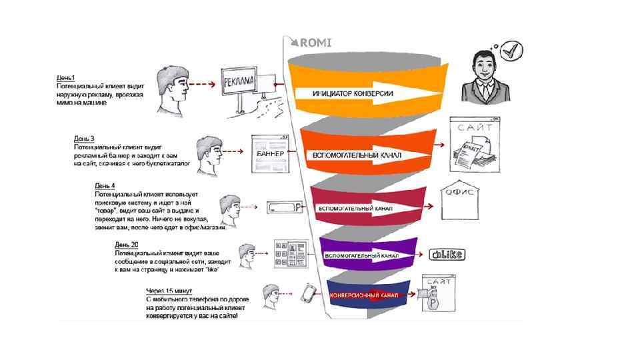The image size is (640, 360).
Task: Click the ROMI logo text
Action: [315, 43]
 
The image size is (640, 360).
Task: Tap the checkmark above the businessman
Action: [511, 49]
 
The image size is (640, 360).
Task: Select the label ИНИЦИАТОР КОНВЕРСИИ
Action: [353, 93]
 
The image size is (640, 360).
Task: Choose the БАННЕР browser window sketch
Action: [269, 153]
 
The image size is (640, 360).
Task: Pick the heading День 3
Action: [84, 139]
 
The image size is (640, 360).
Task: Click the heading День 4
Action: [105, 185]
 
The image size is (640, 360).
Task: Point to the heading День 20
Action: [126, 245]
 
